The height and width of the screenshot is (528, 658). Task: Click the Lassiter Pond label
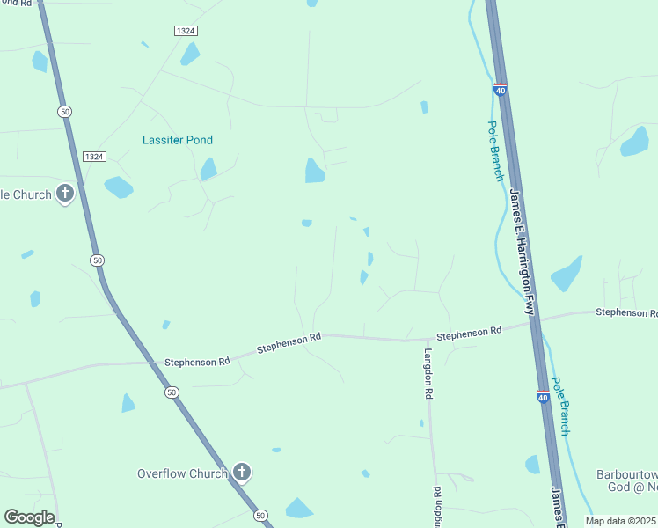click(178, 140)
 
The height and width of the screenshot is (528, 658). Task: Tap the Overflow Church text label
click(182, 473)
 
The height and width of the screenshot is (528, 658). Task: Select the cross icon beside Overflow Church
click(242, 473)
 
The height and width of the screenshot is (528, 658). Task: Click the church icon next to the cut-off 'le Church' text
click(65, 194)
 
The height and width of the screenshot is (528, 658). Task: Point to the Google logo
click(29, 517)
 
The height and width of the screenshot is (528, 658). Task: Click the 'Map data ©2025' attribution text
click(620, 521)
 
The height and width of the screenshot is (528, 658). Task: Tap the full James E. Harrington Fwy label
click(522, 240)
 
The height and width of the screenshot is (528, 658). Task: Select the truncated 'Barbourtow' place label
click(627, 473)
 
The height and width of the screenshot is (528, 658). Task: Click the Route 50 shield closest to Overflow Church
click(260, 515)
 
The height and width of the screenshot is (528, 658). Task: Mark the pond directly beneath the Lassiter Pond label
click(208, 168)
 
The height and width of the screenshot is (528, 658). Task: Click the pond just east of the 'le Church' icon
click(118, 187)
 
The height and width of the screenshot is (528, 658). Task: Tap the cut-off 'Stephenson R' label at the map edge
click(626, 312)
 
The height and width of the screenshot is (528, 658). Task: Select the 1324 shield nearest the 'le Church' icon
click(94, 157)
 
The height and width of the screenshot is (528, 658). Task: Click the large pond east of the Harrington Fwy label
click(567, 274)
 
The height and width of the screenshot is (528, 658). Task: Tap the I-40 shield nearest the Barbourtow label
click(543, 397)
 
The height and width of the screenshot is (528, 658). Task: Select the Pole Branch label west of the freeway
click(496, 151)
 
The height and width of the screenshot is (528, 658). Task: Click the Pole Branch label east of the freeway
click(560, 406)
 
